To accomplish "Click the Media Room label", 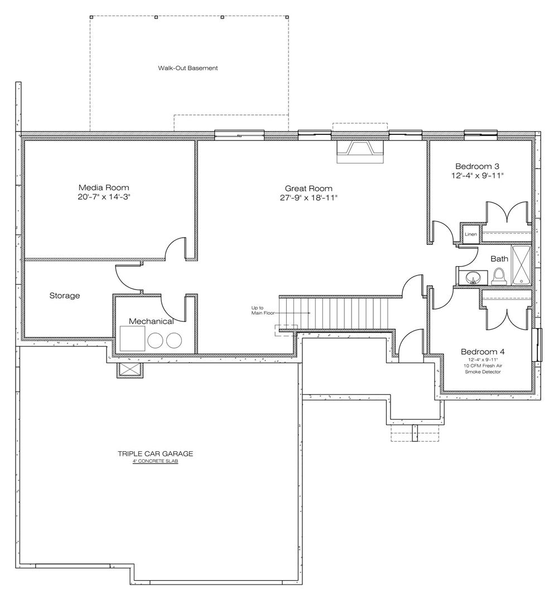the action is pos(104,187).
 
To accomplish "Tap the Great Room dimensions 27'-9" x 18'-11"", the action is pos(309,197).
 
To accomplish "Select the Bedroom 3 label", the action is pos(477,166).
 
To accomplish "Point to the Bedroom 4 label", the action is pos(483,351).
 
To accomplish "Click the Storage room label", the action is pos(65,296).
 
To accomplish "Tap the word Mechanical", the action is pos(151,321).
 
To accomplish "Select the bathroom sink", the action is pos(473,278).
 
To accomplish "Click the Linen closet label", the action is pos(470,234).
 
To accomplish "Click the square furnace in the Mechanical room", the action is pos(132,338).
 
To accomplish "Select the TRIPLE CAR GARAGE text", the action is pos(155,454).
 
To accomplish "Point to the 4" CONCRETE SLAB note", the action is pos(155,461).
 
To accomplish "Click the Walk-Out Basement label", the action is pos(188,68).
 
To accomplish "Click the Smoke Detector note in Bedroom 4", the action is pos(483,372).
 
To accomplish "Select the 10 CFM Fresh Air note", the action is pos(483,366).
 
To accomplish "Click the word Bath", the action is pos(499,259).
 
